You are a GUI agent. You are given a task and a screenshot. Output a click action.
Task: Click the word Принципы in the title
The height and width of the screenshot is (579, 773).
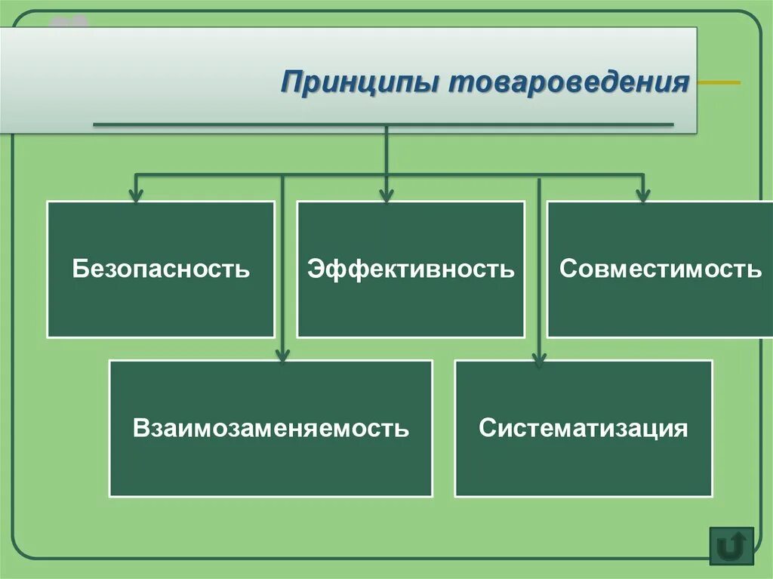pos(360,82)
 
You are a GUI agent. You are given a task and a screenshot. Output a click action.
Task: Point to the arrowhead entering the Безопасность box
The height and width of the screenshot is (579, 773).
pos(136,196)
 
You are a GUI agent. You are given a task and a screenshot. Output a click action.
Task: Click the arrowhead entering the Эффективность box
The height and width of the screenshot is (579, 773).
pos(386,196)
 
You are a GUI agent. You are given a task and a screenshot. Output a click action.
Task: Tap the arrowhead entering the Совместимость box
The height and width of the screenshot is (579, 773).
pos(642,196)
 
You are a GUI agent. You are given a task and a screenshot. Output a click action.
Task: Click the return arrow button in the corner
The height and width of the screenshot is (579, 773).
pos(731,546)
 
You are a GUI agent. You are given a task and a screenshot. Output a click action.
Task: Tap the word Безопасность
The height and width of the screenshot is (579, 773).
pos(161,269)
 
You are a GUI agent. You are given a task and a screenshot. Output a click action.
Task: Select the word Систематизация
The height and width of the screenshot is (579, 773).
pos(584,429)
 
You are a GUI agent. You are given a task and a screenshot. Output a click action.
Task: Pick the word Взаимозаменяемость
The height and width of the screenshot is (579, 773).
pos(271,429)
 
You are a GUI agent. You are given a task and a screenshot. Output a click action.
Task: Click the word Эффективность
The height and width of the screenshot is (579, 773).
pos(410,269)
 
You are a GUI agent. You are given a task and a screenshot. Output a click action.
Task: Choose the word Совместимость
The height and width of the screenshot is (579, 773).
pos(661,269)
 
